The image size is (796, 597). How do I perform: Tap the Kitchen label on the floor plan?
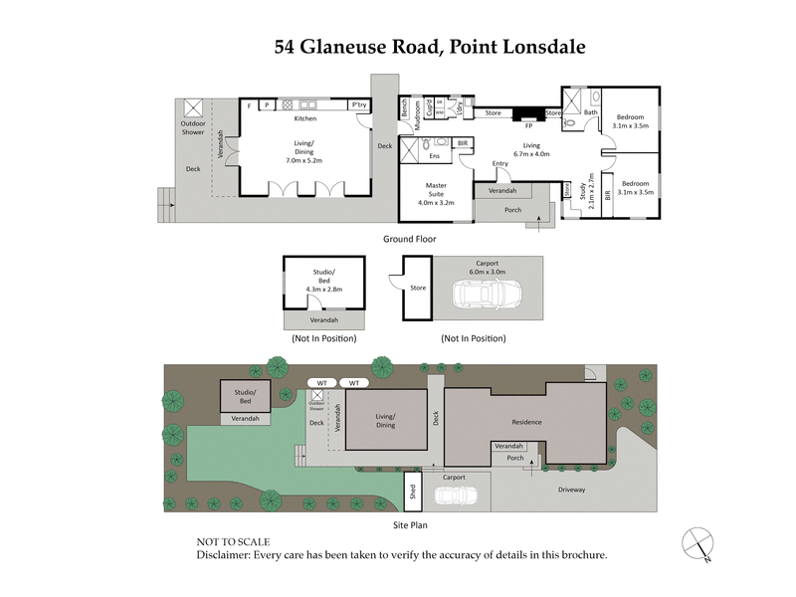point(304,118)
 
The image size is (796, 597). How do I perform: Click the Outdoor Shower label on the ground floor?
point(192,127)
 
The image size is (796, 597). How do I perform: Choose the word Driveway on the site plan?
point(571,490)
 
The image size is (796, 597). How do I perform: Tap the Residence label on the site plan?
point(526,422)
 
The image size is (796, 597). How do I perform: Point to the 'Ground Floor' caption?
point(410,239)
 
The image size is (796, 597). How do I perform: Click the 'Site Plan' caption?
point(410,524)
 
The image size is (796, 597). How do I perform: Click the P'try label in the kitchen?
point(360,104)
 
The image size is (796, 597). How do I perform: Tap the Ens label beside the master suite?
point(434,156)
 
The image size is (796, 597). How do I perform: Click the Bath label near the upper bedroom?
point(590,112)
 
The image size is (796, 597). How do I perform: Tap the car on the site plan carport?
point(458,496)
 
